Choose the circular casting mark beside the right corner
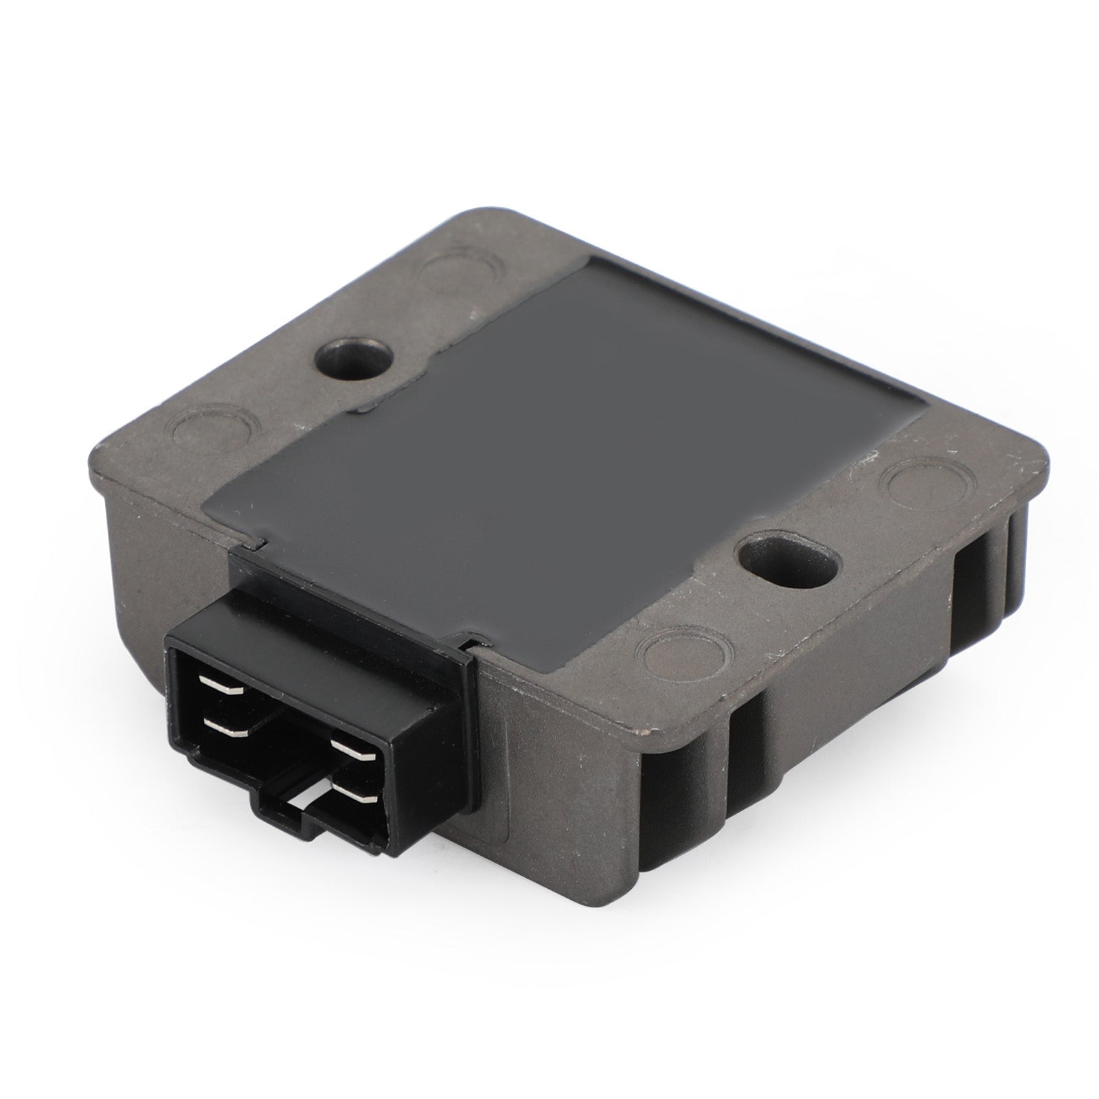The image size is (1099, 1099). tap(918, 481)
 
